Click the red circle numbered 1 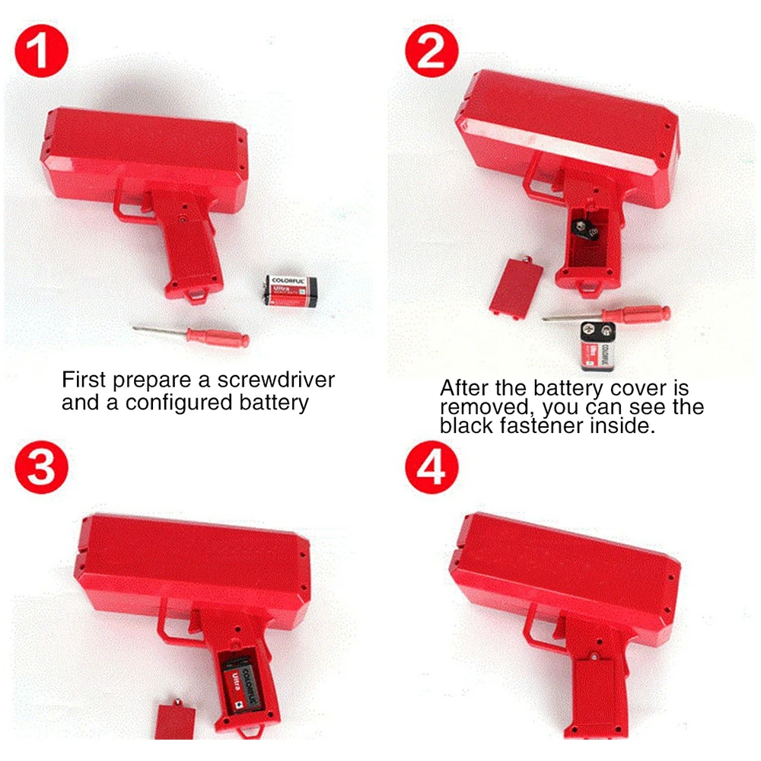42,51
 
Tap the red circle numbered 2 431,51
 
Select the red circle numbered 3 42,473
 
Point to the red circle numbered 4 431,473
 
